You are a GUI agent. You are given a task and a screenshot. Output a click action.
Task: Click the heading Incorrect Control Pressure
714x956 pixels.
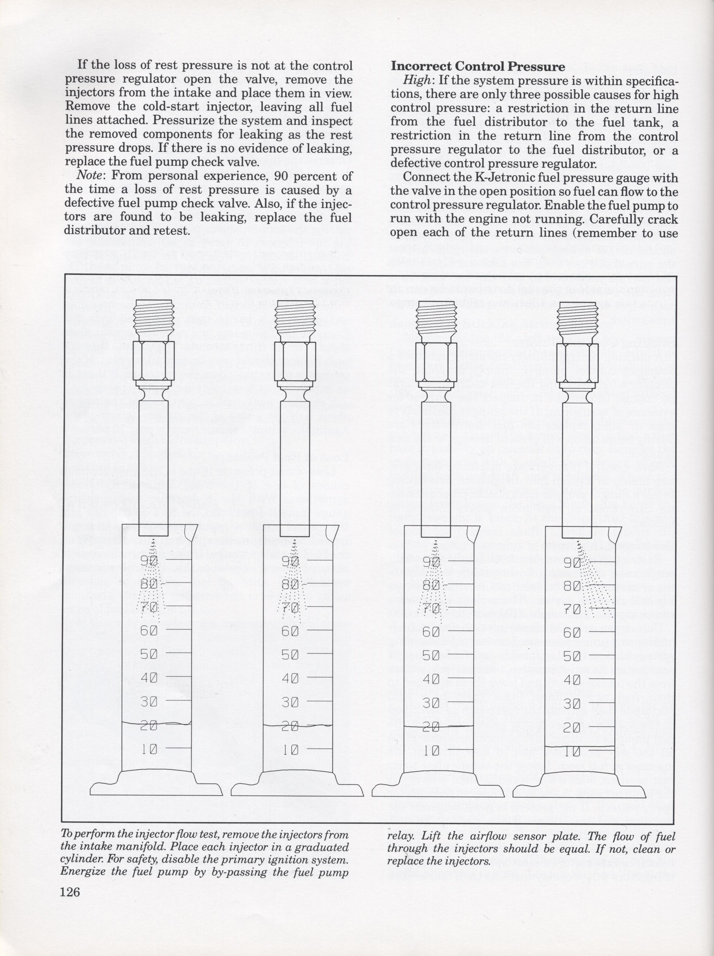(x=478, y=67)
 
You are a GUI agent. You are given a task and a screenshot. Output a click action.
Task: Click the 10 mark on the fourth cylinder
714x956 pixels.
(x=572, y=752)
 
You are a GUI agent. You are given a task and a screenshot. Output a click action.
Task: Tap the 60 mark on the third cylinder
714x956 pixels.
(x=431, y=632)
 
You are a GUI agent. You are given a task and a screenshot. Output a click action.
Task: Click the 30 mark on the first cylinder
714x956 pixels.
(x=149, y=702)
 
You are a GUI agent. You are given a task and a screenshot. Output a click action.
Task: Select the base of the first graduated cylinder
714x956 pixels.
(x=156, y=788)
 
